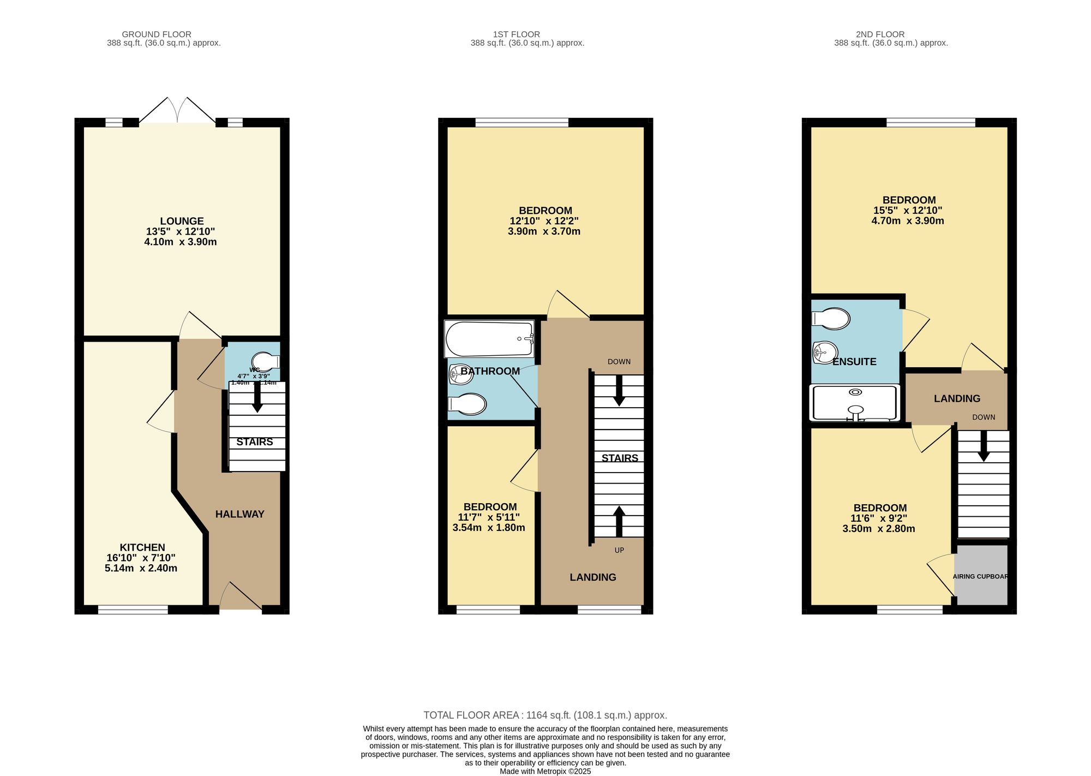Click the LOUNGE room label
(182, 221)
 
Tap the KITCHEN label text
(142, 547)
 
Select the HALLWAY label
(239, 514)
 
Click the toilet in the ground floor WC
(265, 361)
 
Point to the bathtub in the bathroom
(489, 339)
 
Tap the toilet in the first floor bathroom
(467, 404)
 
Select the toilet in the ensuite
(831, 319)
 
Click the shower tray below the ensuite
(855, 403)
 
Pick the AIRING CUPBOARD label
(980, 576)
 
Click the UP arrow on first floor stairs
(619, 522)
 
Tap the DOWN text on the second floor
(984, 417)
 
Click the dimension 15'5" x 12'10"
(908, 210)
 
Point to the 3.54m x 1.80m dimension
(489, 528)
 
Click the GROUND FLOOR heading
(157, 34)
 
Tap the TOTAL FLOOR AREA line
(545, 715)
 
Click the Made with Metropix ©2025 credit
(545, 771)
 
